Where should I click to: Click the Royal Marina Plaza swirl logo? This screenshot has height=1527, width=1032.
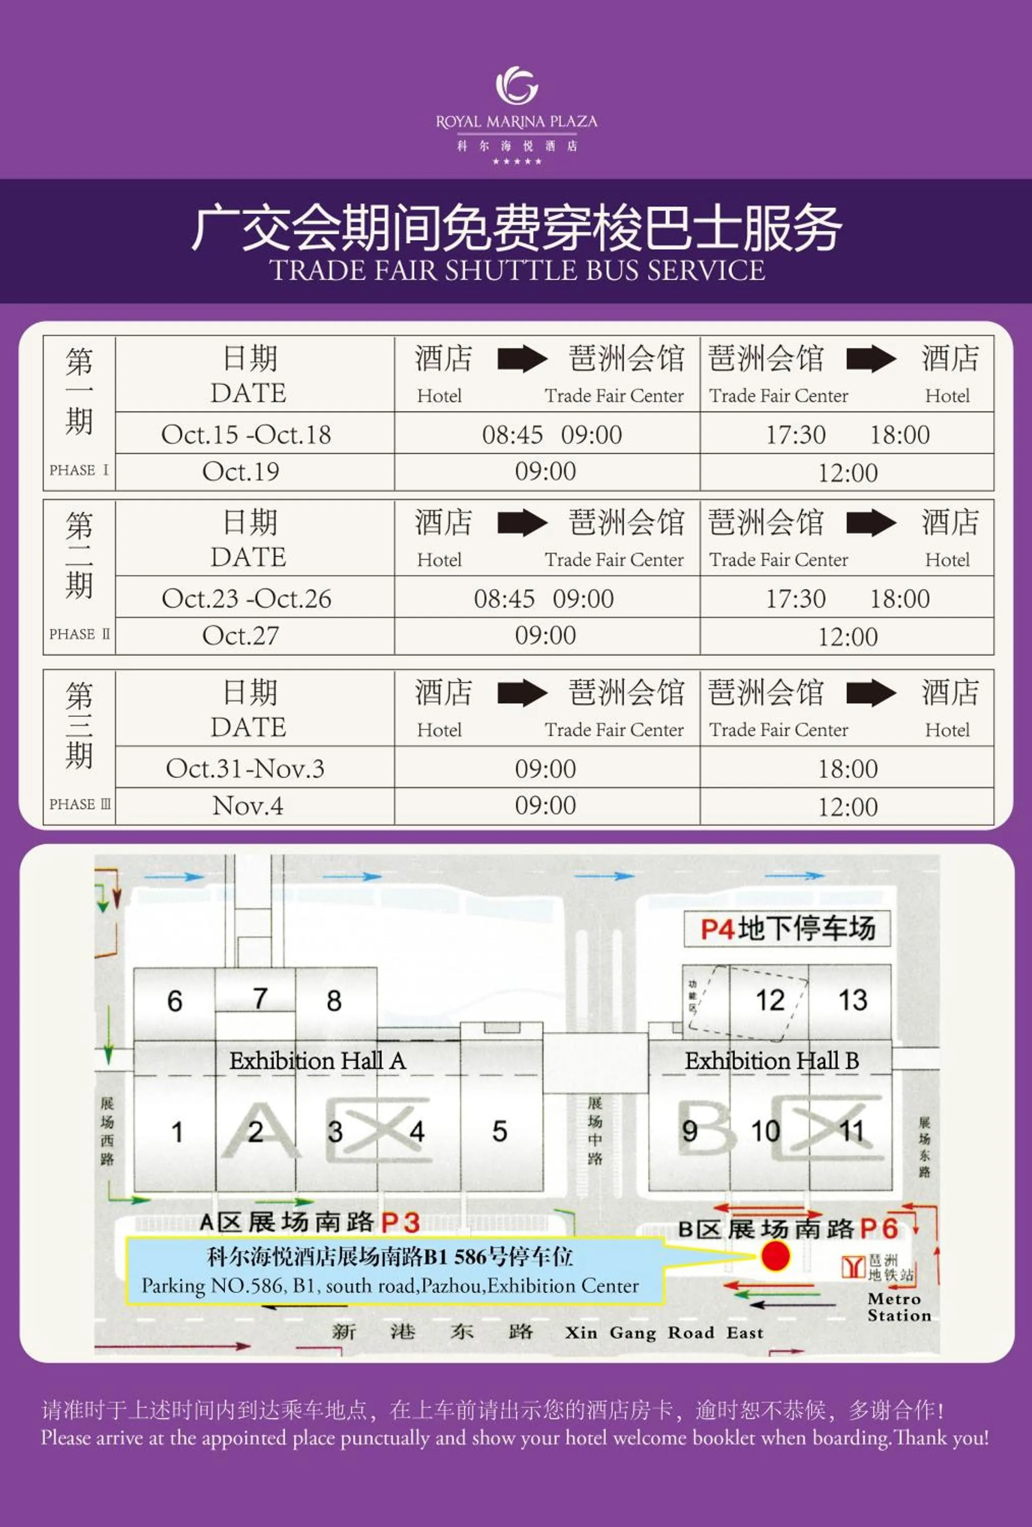pos(517,86)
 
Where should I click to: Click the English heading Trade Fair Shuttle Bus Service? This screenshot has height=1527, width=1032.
pos(517,271)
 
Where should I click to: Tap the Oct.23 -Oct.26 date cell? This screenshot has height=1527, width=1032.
pos(246,599)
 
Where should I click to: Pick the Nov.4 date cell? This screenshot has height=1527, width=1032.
pos(248,806)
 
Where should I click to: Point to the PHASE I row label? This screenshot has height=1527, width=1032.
pos(79,470)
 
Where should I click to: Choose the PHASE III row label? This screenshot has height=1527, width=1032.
pos(79,804)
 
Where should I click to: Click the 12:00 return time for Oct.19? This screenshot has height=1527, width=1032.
pos(847,472)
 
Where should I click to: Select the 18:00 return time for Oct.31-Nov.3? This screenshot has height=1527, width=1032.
pos(847,769)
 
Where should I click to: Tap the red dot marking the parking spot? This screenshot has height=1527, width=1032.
pos(775,1256)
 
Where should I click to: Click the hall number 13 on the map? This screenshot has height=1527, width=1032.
pos(853,1000)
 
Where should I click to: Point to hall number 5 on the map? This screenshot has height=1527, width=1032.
pos(500,1132)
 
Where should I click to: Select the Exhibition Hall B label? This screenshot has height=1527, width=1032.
pos(772,1060)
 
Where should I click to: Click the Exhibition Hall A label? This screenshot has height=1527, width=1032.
pos(318,1060)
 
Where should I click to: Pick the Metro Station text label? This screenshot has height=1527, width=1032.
pos(899,1307)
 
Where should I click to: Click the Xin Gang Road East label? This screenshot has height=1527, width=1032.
pos(664,1333)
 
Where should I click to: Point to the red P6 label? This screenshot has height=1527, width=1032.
pos(878,1228)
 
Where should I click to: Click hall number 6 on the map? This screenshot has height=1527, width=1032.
pos(175,1001)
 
